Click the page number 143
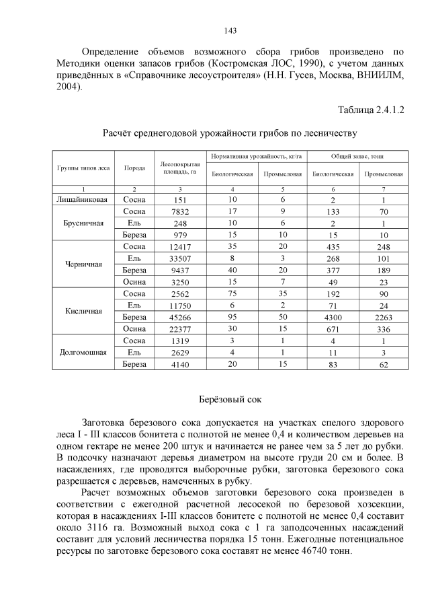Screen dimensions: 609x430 tap(229, 30)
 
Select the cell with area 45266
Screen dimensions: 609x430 tap(179, 316)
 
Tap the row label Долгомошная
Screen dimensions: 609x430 tap(84, 353)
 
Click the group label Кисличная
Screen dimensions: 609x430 tap(84, 311)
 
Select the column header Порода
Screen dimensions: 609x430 tap(134, 169)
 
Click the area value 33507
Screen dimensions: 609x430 tap(179, 258)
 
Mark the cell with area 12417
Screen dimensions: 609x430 tap(179, 247)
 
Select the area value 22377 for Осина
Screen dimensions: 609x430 tap(179, 328)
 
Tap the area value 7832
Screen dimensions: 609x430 tap(179, 212)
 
